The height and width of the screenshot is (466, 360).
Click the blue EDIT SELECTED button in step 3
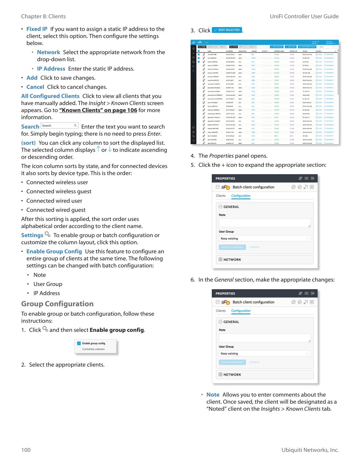227,30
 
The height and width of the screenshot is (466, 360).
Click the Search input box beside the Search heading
59,126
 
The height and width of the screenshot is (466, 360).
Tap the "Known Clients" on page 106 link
98,110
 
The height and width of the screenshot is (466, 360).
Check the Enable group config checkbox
79,343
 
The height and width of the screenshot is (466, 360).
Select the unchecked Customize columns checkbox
79,349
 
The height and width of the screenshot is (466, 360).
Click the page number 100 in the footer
26,450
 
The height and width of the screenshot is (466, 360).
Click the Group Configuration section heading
57,304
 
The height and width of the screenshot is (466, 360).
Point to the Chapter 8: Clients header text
43,16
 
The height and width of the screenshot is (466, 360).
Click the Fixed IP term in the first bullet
37,29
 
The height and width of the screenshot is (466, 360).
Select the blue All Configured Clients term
50,96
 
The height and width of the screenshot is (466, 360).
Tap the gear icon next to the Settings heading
47,234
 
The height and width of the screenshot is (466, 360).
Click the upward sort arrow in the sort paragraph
98,149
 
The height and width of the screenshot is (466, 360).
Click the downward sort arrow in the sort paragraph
110,149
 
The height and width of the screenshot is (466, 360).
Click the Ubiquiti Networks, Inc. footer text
310,450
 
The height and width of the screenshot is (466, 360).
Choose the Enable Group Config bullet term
54,252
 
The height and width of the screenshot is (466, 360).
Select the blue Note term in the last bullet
213,395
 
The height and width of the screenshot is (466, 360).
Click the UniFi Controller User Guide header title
304,16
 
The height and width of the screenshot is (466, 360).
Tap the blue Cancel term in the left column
35,87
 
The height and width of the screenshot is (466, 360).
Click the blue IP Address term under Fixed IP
51,69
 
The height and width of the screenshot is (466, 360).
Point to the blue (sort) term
28,143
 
